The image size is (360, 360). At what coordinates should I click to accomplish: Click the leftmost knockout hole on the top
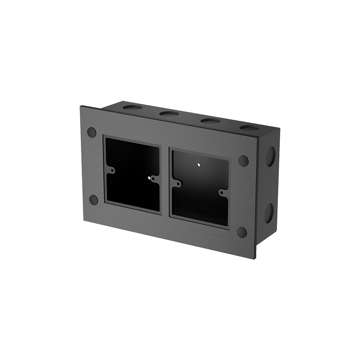click(x=132, y=107)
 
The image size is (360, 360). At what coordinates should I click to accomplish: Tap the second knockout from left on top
click(x=169, y=113)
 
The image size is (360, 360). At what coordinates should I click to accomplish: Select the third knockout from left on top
click(x=211, y=121)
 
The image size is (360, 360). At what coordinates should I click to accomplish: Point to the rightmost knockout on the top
click(x=250, y=127)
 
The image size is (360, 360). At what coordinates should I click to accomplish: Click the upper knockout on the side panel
click(x=270, y=156)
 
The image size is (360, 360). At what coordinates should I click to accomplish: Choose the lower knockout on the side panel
click(x=269, y=213)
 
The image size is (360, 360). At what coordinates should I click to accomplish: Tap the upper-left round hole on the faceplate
click(x=91, y=132)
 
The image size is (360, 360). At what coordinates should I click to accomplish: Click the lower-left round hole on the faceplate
click(x=94, y=200)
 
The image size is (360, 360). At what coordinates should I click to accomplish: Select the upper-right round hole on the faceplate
click(x=243, y=161)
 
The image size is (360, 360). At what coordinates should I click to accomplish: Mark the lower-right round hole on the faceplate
click(x=242, y=232)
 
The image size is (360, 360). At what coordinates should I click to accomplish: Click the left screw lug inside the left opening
click(x=111, y=170)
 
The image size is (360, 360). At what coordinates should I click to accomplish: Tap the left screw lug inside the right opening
click(x=177, y=182)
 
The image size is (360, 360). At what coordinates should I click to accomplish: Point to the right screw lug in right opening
click(x=223, y=192)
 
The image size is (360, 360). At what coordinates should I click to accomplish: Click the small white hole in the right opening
click(x=199, y=165)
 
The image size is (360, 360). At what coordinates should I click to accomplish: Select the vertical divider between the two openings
click(x=165, y=180)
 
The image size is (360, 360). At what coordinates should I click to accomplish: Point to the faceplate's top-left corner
click(x=81, y=107)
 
